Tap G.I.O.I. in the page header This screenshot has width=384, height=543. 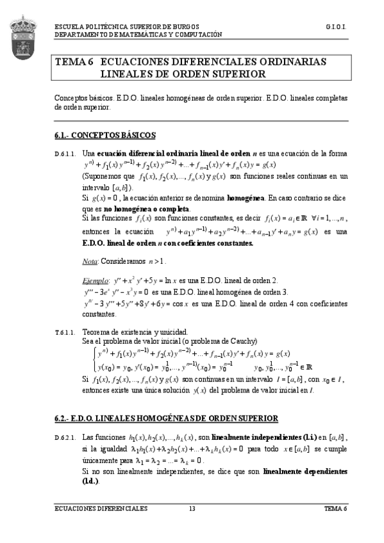point(336,28)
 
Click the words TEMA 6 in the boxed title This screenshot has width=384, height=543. point(74,62)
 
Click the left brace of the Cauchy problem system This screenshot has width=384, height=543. point(94,359)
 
